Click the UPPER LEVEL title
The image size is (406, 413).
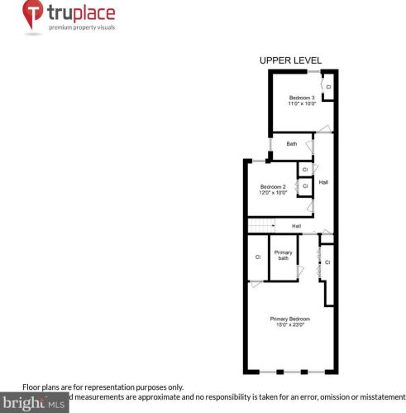tap(290, 60)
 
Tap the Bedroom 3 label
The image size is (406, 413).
tap(302, 98)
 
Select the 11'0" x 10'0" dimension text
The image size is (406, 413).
tap(302, 104)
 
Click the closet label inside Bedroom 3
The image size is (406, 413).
tap(328, 87)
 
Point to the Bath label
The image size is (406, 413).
tap(291, 144)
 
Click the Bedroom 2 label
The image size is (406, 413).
tap(272, 186)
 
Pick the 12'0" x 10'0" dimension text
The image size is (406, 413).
tap(272, 193)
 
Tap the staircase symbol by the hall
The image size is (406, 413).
tap(261, 226)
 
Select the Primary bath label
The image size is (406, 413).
tap(284, 255)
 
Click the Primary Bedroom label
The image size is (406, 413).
tap(289, 319)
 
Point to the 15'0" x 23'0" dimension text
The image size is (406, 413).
tap(289, 325)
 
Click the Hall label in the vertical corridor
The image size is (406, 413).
tap(324, 182)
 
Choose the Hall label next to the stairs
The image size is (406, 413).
tap(296, 226)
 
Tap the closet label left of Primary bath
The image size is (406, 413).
tap(258, 257)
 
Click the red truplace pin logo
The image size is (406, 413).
tap(33, 17)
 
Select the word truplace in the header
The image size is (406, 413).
tap(82, 13)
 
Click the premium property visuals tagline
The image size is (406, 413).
tap(82, 28)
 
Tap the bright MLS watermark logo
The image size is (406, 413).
tap(33, 404)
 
